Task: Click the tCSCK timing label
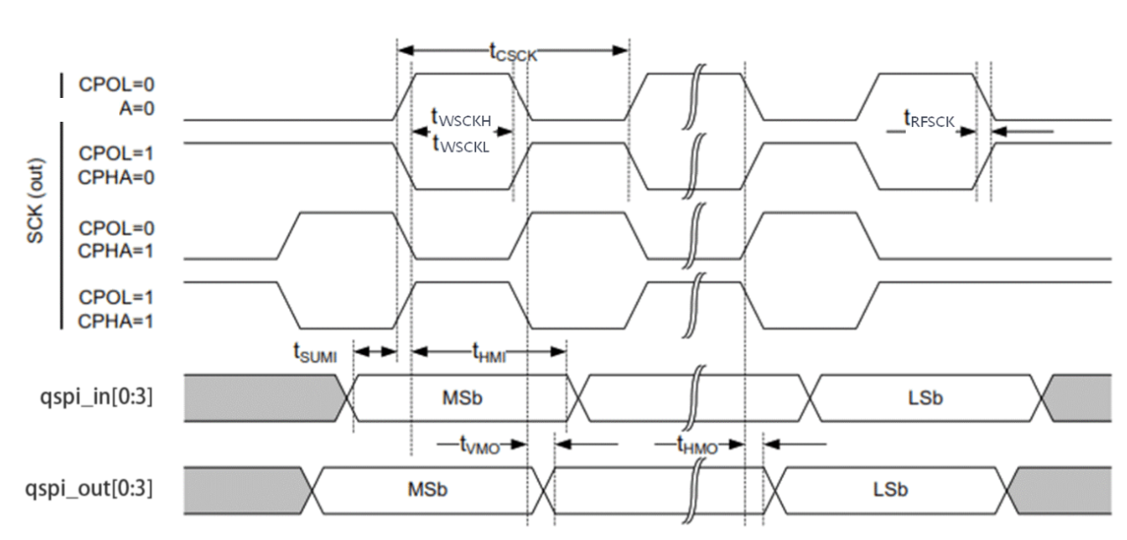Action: click(x=513, y=52)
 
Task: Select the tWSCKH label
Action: click(x=459, y=117)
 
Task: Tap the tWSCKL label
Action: click(x=459, y=146)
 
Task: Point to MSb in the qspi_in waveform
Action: click(x=461, y=397)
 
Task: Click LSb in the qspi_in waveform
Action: click(x=926, y=397)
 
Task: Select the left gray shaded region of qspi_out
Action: click(x=243, y=488)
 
